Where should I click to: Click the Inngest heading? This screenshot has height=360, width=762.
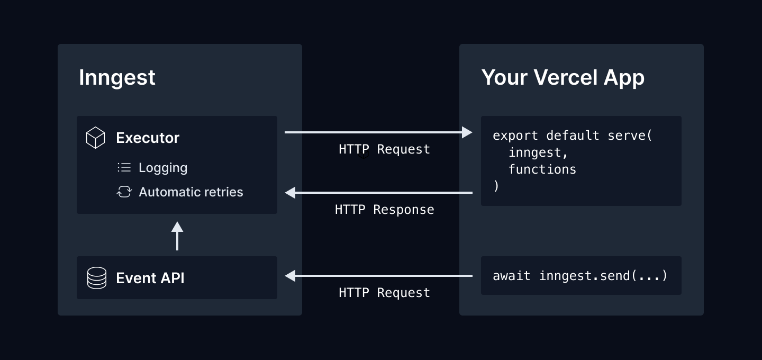coord(117,78)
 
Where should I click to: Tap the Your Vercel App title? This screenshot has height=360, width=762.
coord(563,78)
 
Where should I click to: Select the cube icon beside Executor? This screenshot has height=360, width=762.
coord(95,138)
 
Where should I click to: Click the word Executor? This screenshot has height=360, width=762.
coord(148,138)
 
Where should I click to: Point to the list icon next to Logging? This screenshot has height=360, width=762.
coord(124,168)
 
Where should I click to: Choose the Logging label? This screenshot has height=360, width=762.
coord(163,168)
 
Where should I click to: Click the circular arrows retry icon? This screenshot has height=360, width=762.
coord(124,192)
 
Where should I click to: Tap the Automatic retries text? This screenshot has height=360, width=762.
coord(190,192)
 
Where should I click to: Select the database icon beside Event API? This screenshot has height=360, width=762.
coord(96,278)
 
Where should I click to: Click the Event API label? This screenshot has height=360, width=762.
coord(150,278)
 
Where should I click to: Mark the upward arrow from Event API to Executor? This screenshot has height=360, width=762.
coord(177,235)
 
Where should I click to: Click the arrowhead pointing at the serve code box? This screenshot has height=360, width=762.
coord(467,132)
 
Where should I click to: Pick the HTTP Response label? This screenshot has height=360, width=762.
coord(384,210)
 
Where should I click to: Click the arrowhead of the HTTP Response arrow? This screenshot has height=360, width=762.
coord(290,193)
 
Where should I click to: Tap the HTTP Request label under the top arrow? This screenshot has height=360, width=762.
coord(384,149)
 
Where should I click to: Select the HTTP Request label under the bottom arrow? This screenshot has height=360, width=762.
coord(384,293)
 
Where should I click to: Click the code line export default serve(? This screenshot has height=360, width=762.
coord(573,136)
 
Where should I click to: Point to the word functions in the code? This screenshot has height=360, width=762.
coord(542,169)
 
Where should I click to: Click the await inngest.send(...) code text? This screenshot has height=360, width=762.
coord(580,276)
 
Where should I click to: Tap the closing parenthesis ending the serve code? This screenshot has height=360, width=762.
coord(496,186)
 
